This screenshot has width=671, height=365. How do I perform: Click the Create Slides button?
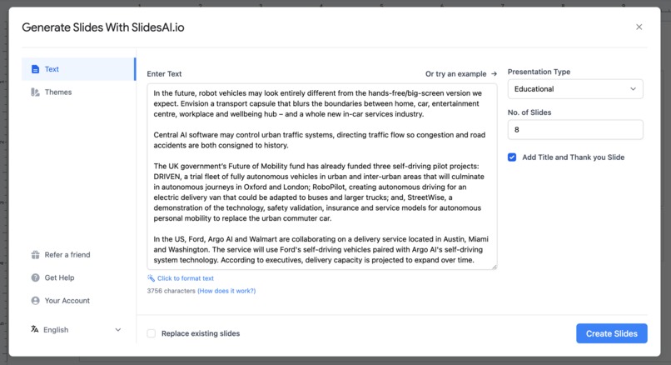pos(611,333)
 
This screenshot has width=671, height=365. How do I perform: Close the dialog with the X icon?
pos(639,27)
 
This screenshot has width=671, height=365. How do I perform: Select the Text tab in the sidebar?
pos(52,69)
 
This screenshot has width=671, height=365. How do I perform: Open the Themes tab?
pos(57,92)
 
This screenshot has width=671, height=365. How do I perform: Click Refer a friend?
pos(67,255)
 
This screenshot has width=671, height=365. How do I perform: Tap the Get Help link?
pos(59,277)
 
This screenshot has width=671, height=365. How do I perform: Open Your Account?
pos(67,301)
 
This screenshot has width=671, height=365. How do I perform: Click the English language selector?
pos(76,330)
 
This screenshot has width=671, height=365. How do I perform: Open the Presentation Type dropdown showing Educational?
pos(575,89)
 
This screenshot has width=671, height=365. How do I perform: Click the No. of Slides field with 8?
pos(575,130)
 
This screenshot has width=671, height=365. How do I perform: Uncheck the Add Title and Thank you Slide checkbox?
pos(512,157)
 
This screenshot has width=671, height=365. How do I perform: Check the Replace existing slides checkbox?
pos(152,333)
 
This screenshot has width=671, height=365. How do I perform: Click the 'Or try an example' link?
pos(460,73)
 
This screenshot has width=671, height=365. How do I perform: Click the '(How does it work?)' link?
pos(226,291)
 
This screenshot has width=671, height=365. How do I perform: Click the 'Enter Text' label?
pos(164,73)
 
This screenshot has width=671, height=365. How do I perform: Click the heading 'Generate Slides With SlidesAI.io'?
pos(103,27)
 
